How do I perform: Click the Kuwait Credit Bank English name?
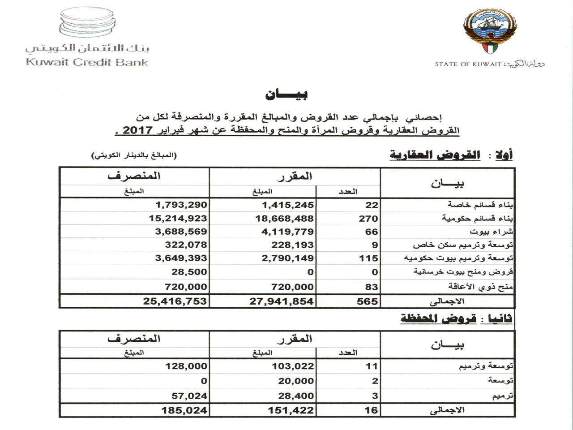coord(87,62)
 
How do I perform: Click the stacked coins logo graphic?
coord(87,22)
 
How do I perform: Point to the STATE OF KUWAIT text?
coord(468,64)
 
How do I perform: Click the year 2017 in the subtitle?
coord(138,130)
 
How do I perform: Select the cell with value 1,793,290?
coord(181,205)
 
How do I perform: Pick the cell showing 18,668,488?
coord(288,219)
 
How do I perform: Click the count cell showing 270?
coord(368,219)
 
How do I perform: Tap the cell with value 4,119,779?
coord(288,232)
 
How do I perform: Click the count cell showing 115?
coord(368,258)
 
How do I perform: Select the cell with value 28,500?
coord(189,272)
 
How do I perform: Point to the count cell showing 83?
coord(371,287)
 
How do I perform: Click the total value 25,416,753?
coord(175,301)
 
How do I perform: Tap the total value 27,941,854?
coord(282,301)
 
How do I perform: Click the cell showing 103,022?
coord(293,366)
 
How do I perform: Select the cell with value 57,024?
coord(189,396)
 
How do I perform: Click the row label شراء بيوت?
coord(491,232)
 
